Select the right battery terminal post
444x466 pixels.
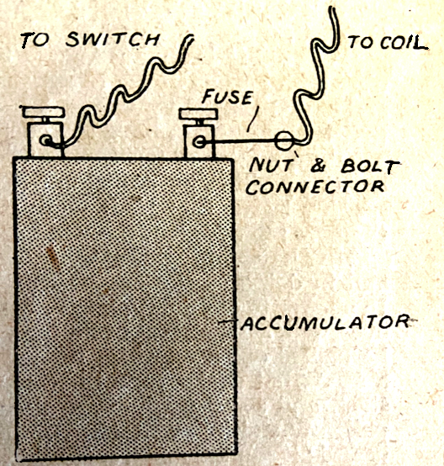(x=198, y=140)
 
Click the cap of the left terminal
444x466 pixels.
(x=41, y=114)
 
